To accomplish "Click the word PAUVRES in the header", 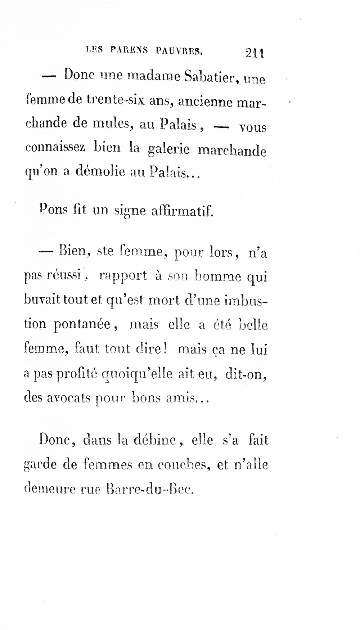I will (x=179, y=51).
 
